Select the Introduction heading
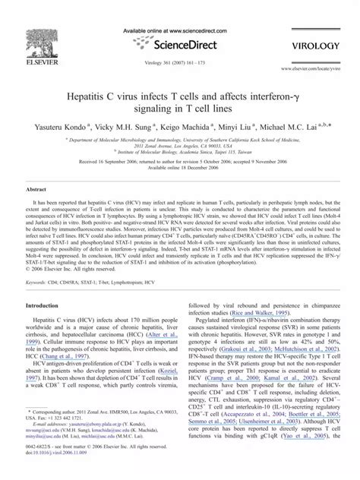click(46, 305)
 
